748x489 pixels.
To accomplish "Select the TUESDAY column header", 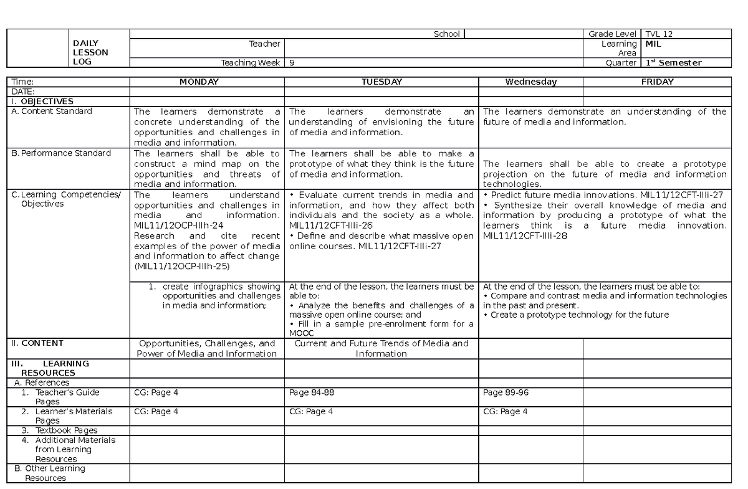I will click(381, 82).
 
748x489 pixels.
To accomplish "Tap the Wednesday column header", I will click(530, 82).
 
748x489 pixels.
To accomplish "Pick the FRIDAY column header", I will click(658, 82).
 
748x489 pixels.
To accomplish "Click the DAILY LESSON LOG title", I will click(90, 52).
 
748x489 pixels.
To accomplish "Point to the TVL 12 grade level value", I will click(659, 34).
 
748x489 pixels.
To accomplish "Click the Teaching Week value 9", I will click(292, 62).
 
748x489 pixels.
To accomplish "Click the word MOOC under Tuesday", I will click(302, 333).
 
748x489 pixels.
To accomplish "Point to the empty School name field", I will click(523, 34).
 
